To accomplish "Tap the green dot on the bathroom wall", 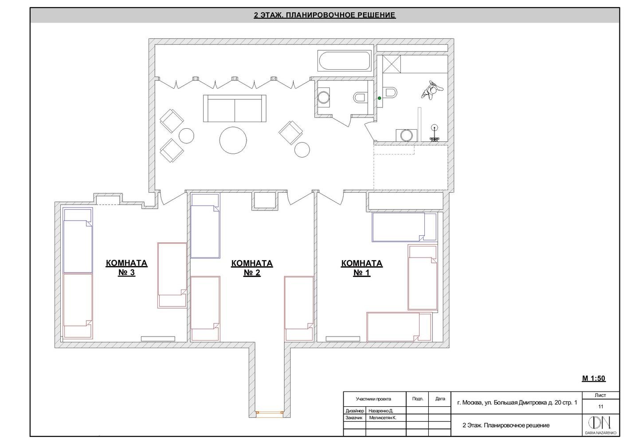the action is pos(379,98).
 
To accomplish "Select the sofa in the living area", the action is pos(235,108).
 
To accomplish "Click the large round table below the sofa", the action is pos(233,140).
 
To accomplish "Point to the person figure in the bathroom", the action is pos(431,89).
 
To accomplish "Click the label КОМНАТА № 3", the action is pos(126,268).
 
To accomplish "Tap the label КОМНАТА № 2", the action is pos(252,268).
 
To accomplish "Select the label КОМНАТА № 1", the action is pos(362,268).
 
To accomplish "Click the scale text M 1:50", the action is pos(594,378).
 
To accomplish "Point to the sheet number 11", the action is pos(601,406).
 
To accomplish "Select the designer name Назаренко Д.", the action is pos(380,411).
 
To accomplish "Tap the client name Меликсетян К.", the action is pos(383,418).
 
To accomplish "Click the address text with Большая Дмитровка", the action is pos(517,403).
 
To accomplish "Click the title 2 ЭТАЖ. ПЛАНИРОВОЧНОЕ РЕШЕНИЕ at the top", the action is pos(325,15).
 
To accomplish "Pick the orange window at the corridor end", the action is pos(270,414).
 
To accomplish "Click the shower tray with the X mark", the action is pos(392,64).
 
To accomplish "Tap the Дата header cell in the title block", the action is pos(440,399).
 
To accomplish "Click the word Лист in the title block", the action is pos(600,395).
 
